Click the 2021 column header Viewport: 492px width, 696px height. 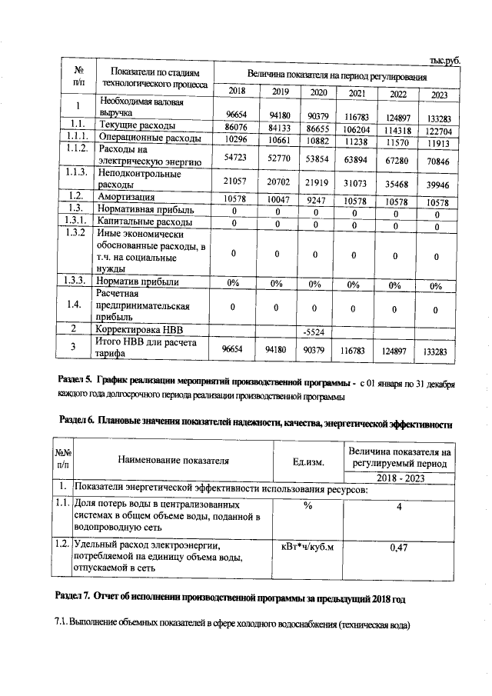pos(357,93)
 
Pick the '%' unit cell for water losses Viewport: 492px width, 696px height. pos(307,506)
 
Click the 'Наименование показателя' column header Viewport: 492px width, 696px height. pos(174,461)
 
